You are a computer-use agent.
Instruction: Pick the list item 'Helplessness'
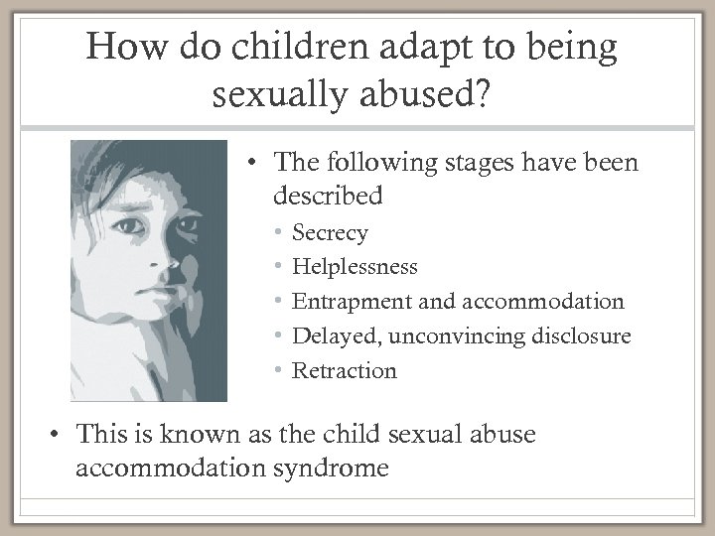(x=355, y=267)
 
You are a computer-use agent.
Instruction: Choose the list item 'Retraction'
(x=344, y=370)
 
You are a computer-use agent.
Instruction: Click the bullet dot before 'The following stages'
(x=254, y=162)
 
